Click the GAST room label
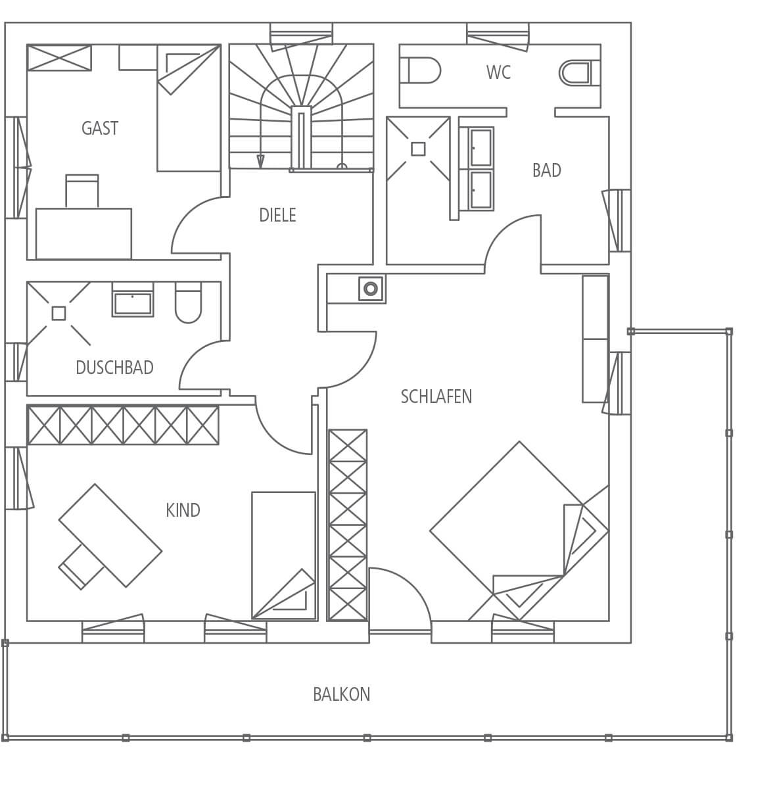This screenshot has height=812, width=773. [100, 128]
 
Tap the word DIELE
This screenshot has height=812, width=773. [277, 215]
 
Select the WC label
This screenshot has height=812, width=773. [498, 72]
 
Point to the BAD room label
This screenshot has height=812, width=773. [547, 170]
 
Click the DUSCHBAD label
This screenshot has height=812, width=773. [115, 368]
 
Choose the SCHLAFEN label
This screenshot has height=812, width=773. [436, 396]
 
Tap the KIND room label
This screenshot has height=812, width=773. [183, 510]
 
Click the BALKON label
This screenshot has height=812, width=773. [342, 694]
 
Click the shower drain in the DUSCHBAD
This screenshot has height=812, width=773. [59, 314]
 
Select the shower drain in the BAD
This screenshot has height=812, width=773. [418, 149]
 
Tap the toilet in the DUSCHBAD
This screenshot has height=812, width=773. [188, 302]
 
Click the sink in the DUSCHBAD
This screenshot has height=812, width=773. [133, 304]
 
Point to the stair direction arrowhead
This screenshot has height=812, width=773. [260, 162]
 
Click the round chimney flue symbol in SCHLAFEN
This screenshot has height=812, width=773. [371, 289]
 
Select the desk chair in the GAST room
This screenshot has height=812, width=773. [82, 191]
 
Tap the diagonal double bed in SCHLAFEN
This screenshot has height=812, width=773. [519, 531]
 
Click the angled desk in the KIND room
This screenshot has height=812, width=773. [110, 535]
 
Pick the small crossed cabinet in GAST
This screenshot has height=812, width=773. [59, 58]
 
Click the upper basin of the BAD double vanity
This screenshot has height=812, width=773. [481, 148]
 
